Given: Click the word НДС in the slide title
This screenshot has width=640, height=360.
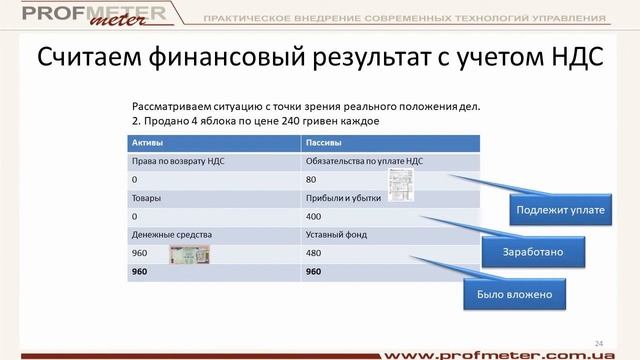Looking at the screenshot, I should [x=572, y=59].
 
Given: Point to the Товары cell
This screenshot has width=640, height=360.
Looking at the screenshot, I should [x=146, y=199].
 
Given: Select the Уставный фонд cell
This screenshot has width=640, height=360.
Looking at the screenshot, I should [x=335, y=235].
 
